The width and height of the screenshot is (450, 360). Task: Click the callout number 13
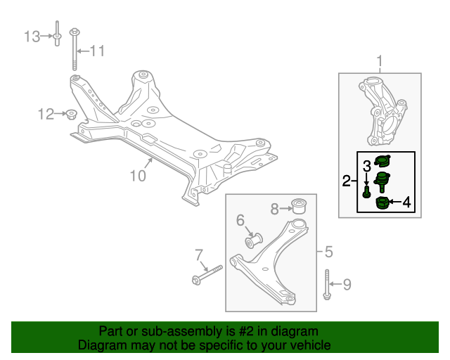(32, 37)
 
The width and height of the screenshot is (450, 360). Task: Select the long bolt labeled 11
(75, 49)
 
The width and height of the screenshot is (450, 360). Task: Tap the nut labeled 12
(70, 114)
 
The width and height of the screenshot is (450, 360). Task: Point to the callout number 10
(138, 176)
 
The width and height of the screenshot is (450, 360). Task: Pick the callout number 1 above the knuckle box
(380, 61)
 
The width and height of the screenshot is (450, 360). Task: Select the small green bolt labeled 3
(366, 192)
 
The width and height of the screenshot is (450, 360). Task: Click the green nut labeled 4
(382, 203)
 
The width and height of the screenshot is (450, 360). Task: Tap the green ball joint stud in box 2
(382, 181)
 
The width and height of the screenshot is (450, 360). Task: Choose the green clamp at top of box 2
(383, 160)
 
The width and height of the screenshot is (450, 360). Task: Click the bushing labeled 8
(299, 206)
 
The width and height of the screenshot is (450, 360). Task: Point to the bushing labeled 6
(254, 240)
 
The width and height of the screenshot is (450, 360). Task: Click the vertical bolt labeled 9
(327, 285)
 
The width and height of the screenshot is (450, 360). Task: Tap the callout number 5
(328, 252)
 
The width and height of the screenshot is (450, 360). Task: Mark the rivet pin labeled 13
(57, 33)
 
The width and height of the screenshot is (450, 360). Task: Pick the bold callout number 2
(347, 181)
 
